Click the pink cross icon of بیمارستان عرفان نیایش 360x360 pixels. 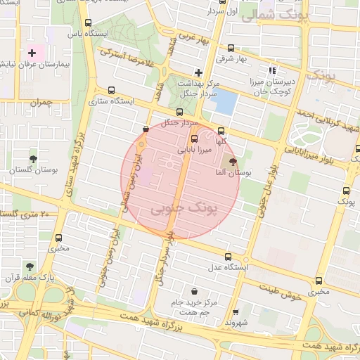tap(32, 53)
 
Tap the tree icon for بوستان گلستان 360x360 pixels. tap(33, 159)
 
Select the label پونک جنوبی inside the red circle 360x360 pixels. tap(184, 209)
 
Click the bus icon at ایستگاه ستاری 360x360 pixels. tap(111, 90)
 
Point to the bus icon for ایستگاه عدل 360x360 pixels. tap(226, 257)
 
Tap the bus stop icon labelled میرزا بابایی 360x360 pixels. tap(195, 138)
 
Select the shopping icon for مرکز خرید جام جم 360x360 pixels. tap(193, 291)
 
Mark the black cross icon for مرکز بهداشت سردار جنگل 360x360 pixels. tap(198, 72)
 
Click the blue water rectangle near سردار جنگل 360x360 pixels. tap(224, 103)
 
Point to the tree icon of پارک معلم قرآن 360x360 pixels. tap(29, 266)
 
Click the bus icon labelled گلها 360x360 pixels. tap(221, 130)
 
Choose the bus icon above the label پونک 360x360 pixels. tap(345, 190)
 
